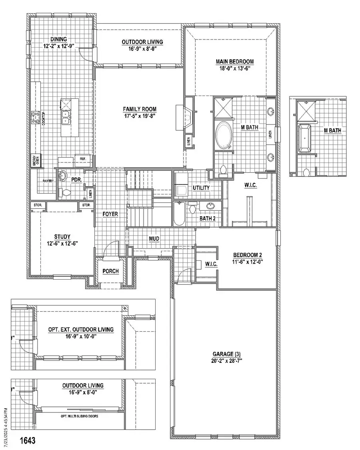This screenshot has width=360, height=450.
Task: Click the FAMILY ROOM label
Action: [x=139, y=109]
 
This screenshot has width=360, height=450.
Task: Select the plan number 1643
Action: [x=28, y=440]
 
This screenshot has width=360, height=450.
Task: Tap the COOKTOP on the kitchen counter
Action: [x=35, y=118]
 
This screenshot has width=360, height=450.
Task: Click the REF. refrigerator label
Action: [x=83, y=158]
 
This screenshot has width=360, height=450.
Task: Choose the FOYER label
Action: [x=110, y=214]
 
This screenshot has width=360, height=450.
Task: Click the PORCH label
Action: [x=110, y=271]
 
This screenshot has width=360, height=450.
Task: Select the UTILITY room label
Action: [x=202, y=188]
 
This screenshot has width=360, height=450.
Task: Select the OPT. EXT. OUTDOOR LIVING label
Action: [x=81, y=330]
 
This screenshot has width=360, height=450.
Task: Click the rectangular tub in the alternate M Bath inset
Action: [x=305, y=138]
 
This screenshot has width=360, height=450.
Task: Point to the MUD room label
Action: [x=154, y=239]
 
